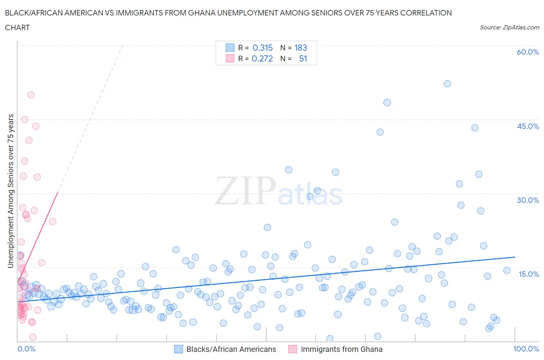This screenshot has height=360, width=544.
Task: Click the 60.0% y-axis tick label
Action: (x=528, y=52)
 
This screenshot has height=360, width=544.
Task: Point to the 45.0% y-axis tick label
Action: (x=528, y=126)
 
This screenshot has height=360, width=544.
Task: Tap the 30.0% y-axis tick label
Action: (x=528, y=200)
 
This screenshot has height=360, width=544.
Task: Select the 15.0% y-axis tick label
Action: (x=528, y=274)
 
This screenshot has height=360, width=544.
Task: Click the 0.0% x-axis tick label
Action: (x=26, y=349)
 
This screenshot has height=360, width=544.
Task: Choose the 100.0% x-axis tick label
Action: (x=526, y=349)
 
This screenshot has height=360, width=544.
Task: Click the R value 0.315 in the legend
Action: (x=262, y=48)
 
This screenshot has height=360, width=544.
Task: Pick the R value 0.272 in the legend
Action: (x=262, y=58)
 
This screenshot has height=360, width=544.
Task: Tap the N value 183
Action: (x=301, y=48)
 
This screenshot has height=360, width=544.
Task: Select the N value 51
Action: (x=303, y=58)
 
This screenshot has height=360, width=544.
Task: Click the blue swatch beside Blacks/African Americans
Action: (x=178, y=349)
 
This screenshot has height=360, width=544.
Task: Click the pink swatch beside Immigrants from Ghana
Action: (x=293, y=349)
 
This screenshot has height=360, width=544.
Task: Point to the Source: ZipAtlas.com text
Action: (x=509, y=27)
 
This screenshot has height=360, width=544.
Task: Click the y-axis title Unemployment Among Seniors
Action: (x=10, y=191)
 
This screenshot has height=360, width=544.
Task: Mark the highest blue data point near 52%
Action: (x=447, y=84)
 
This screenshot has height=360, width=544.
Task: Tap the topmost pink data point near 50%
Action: (x=31, y=95)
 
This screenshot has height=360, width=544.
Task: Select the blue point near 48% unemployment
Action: (x=387, y=103)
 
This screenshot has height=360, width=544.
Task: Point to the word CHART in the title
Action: (x=17, y=27)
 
